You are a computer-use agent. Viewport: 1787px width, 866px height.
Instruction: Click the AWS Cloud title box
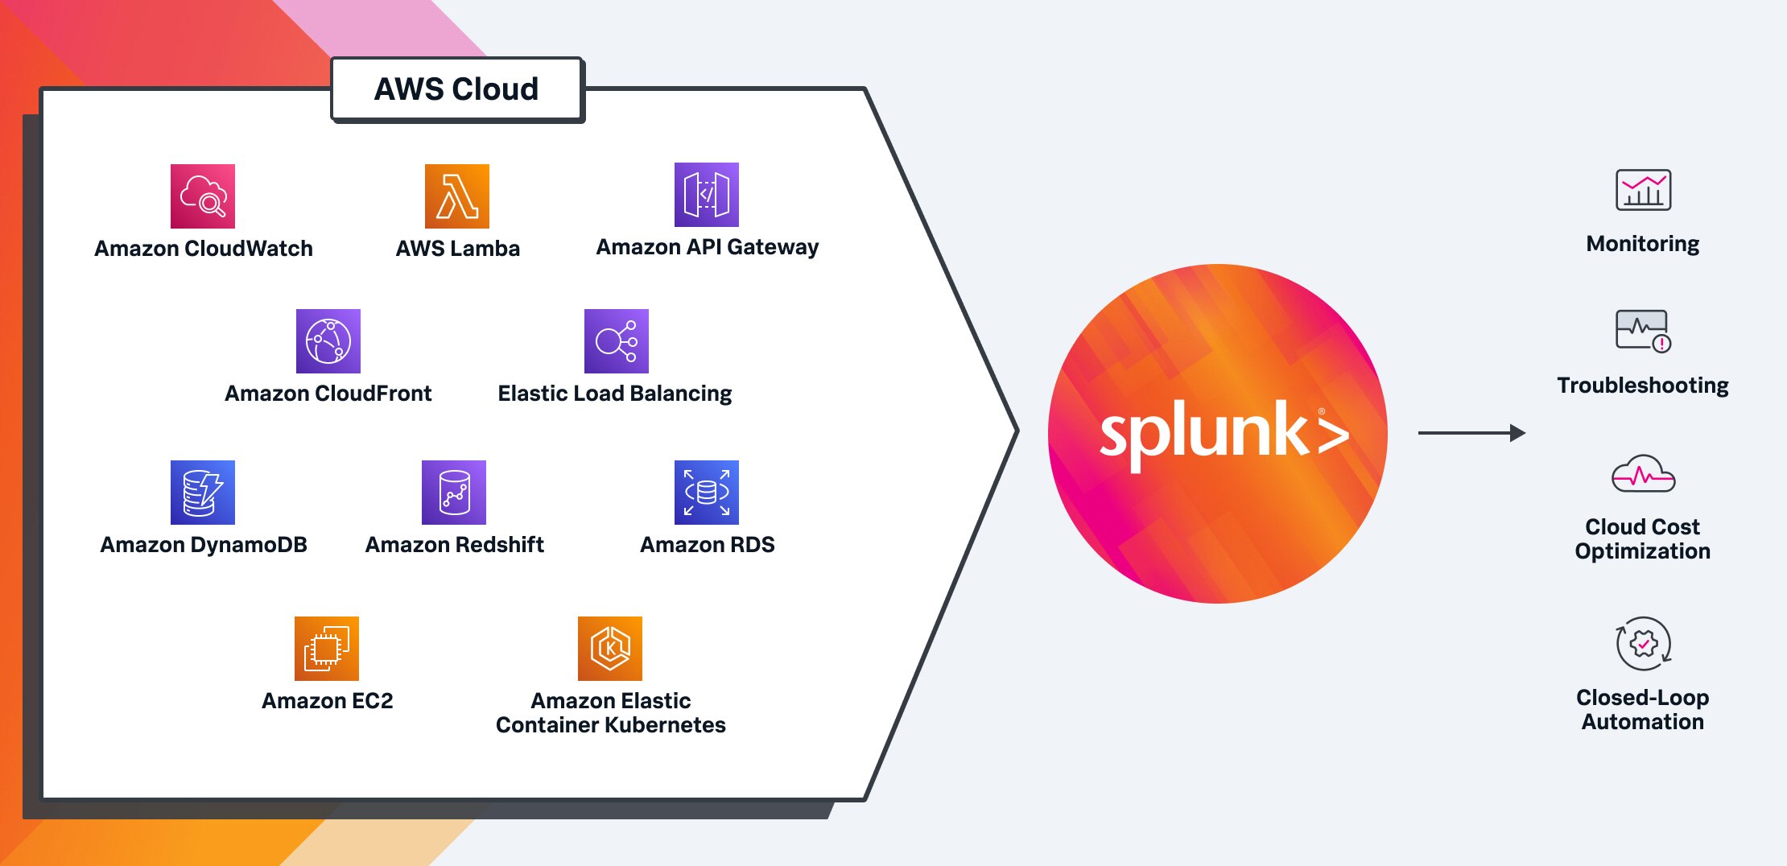pos(456,89)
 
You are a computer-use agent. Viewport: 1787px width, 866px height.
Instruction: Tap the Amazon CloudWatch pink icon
pos(203,196)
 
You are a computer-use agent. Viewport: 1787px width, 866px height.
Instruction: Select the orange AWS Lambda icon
pos(456,196)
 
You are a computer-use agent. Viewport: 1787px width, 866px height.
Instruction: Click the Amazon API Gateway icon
pos(706,195)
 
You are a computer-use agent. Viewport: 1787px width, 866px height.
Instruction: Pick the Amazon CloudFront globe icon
pos(328,341)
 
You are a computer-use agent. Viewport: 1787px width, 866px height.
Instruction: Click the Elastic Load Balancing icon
pos(616,341)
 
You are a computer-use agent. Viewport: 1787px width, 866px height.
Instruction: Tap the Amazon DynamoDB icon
pos(203,493)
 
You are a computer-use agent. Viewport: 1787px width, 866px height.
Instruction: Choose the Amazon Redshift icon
pos(454,493)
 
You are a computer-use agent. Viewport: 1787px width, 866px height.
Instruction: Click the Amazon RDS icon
pos(706,493)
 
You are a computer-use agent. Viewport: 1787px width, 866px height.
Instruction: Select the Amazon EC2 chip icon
pos(326,649)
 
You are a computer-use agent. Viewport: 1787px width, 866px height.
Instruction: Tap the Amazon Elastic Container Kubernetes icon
pos(609,649)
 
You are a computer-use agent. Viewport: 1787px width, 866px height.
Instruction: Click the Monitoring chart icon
pos(1643,191)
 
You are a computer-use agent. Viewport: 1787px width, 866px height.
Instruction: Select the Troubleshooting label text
pos(1642,386)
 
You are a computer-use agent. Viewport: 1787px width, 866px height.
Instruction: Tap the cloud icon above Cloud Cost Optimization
pos(1643,475)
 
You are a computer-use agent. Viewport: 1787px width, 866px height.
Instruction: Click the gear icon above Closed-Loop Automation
pos(1643,644)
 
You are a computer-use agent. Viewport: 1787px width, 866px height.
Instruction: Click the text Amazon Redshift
pos(454,545)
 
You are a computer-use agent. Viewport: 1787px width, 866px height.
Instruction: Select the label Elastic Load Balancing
pos(614,394)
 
